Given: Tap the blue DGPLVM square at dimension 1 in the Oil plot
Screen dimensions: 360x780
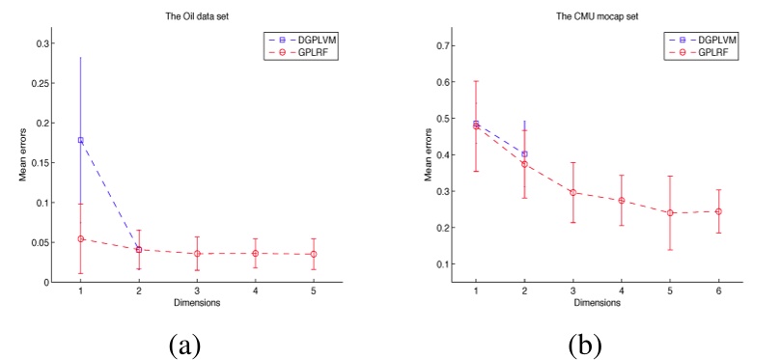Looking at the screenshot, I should pyautogui.click(x=81, y=140).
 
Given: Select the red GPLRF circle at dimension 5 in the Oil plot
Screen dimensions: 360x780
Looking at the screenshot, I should pyautogui.click(x=314, y=254).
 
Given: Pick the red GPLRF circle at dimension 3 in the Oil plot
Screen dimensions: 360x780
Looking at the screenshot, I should pyautogui.click(x=197, y=254).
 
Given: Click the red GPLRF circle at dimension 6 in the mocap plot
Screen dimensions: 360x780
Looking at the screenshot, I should pyautogui.click(x=718, y=211).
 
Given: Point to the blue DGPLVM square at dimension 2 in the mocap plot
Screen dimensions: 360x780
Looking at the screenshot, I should pyautogui.click(x=524, y=153).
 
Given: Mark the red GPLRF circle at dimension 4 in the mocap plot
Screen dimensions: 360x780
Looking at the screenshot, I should pyautogui.click(x=622, y=201).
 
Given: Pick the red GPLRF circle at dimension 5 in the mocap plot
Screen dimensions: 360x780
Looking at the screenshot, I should pyautogui.click(x=670, y=212).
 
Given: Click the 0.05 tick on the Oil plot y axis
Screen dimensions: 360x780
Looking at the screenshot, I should pyautogui.click(x=50, y=242).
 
